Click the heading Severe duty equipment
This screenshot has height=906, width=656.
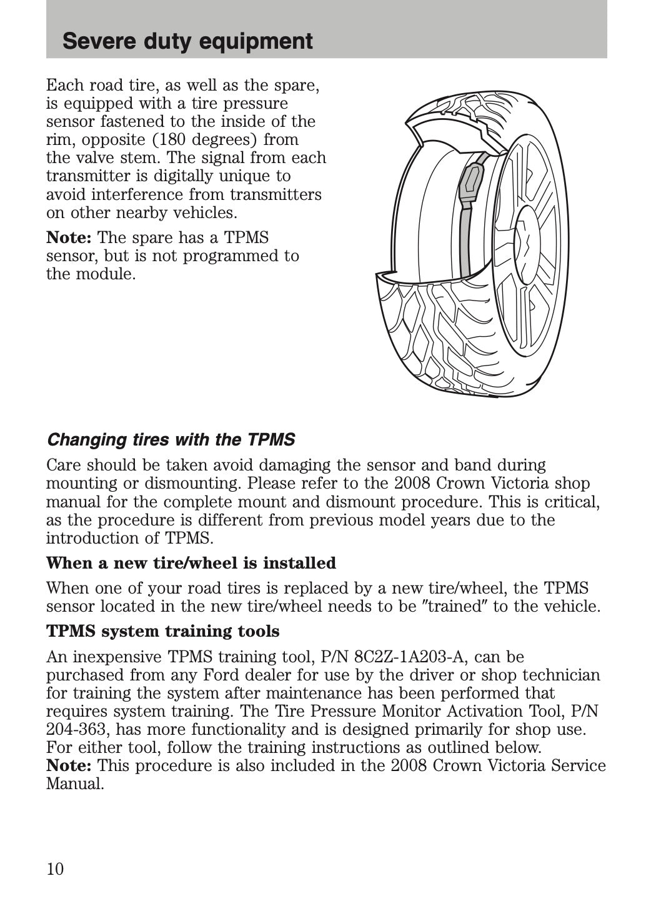[x=187, y=41]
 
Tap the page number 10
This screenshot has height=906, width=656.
[x=55, y=869]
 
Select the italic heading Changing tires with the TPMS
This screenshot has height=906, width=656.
[x=171, y=440]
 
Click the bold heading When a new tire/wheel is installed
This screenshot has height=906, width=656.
[x=191, y=563]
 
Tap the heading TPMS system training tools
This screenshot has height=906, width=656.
[x=163, y=631]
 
